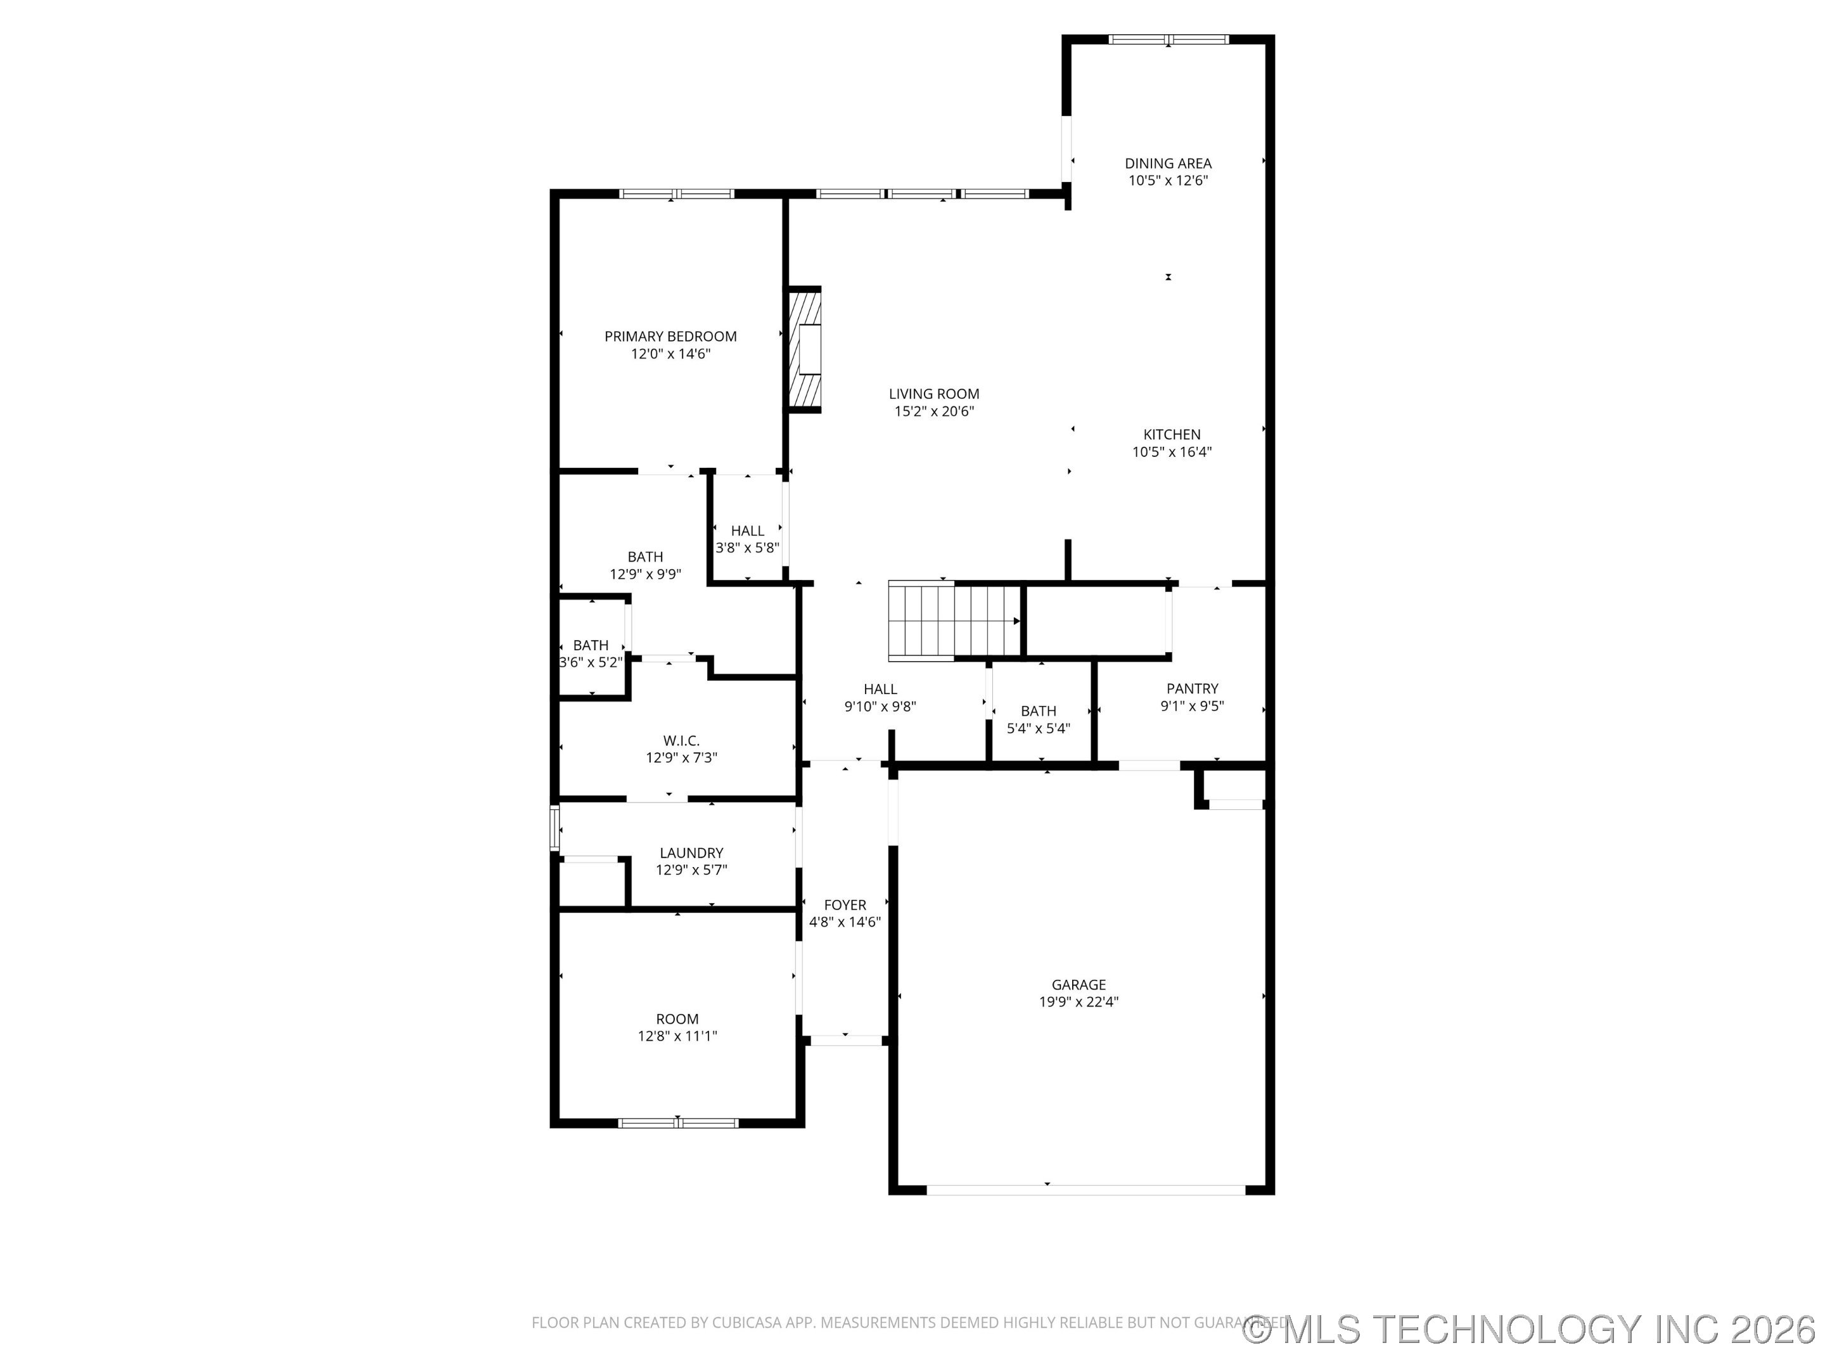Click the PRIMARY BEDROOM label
tap(670, 336)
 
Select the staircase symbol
tap(954, 621)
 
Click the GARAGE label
tap(1079, 984)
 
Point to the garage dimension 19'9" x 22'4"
tap(1079, 1002)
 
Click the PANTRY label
tap(1191, 688)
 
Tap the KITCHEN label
tap(1172, 434)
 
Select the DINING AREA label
tap(1167, 164)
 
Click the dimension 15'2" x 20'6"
tap(934, 411)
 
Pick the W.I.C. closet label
tap(681, 740)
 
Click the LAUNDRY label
tap(691, 852)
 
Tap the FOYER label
tap(845, 904)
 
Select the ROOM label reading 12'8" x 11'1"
tap(677, 1019)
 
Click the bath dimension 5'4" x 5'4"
tap(1038, 728)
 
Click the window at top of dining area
tap(1169, 39)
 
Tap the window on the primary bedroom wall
tap(677, 194)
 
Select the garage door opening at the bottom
tap(1085, 1190)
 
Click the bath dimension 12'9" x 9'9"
tap(644, 574)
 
